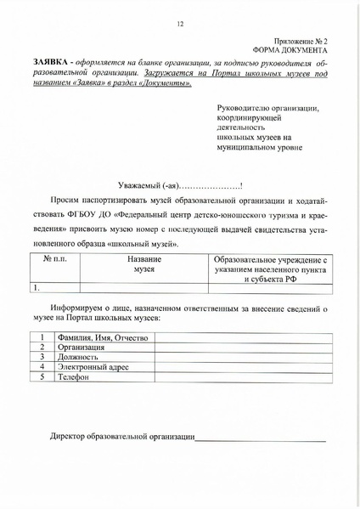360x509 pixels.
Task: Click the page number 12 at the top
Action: (181, 24)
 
